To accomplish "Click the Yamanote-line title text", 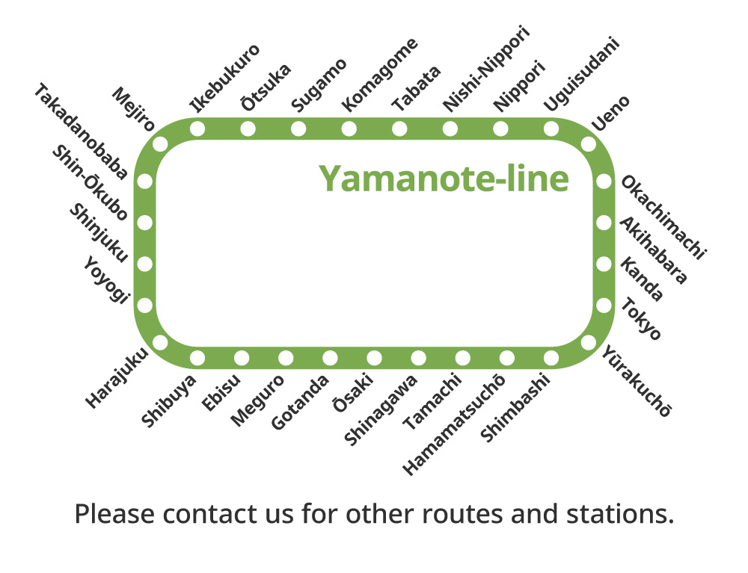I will (444, 179).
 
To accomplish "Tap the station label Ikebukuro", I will (225, 78).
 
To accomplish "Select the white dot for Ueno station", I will (589, 144).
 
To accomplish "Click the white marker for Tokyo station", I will (604, 305).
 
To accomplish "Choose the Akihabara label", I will (653, 250).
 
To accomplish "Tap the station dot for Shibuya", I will (198, 358).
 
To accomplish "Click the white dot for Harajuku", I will (160, 342).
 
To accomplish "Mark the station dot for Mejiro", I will (160, 144).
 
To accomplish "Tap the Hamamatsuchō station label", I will (454, 424).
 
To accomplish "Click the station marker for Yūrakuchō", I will (589, 342).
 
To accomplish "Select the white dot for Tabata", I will (399, 128).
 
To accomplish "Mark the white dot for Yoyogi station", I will (145, 305).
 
